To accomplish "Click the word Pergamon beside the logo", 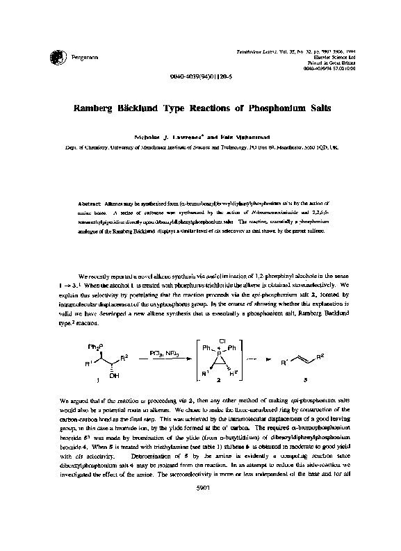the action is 78,56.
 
